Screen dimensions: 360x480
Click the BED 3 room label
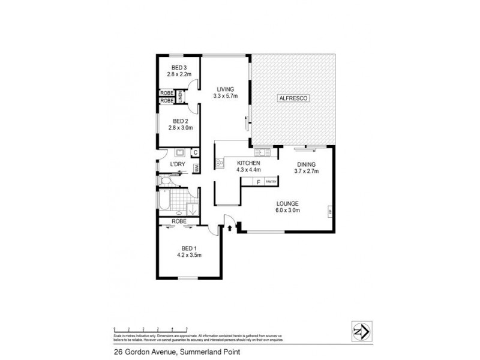(x=179, y=67)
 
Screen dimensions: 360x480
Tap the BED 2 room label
(x=179, y=121)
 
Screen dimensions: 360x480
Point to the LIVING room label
(x=226, y=89)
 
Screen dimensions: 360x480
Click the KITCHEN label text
(x=248, y=163)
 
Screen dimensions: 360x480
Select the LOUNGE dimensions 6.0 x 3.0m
(x=287, y=210)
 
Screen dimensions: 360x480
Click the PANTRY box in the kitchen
(x=270, y=182)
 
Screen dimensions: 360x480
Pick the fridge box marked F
(x=258, y=182)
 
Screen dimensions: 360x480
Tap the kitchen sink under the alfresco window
(x=261, y=152)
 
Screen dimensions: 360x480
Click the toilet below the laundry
(x=164, y=181)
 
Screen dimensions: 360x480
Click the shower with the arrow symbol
(x=192, y=208)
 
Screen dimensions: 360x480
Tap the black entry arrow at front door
(x=230, y=227)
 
